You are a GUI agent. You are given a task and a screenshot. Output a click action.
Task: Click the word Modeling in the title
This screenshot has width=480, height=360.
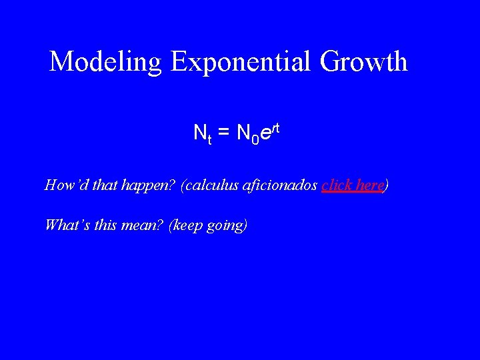[106, 62]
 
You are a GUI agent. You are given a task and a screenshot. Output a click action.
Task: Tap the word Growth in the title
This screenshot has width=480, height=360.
[363, 62]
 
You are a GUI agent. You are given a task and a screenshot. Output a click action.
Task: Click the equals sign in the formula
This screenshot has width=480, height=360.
[224, 133]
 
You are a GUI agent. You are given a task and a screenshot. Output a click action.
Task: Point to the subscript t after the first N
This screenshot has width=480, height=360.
[209, 139]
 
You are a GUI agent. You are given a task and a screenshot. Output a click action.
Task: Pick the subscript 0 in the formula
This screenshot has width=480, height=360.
[254, 139]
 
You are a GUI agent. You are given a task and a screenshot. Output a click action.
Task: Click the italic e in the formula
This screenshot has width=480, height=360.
[265, 133]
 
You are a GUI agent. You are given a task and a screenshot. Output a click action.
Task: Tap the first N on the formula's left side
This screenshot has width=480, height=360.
[199, 133]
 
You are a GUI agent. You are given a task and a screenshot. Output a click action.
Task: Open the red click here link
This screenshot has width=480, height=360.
[351, 185]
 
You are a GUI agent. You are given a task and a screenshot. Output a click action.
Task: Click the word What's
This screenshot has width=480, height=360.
[65, 225]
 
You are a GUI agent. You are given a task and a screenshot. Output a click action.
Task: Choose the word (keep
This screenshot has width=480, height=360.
[186, 225]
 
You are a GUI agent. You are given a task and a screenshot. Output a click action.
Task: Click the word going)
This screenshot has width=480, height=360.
[227, 225]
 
